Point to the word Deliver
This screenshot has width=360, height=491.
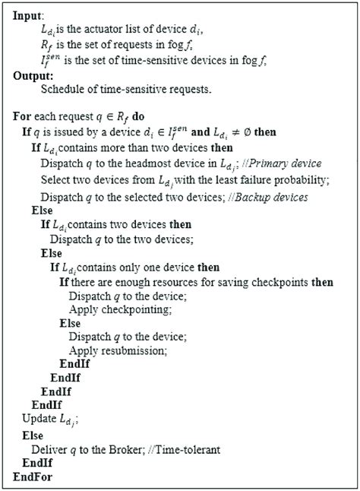click(x=39, y=449)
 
